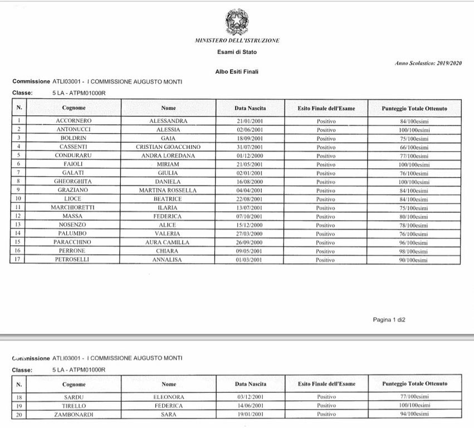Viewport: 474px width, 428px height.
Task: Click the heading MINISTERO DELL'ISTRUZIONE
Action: [237, 41]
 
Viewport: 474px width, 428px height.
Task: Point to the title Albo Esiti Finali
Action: [237, 72]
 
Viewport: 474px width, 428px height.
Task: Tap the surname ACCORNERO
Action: [74, 121]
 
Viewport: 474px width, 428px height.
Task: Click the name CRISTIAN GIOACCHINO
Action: [168, 147]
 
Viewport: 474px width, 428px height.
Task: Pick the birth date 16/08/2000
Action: [250, 182]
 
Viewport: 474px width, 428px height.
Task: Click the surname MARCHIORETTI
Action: [74, 208]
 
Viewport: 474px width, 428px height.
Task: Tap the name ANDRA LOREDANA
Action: [168, 155]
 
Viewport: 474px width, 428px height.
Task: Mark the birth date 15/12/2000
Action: [250, 225]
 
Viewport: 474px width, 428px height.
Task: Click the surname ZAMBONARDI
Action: [74, 415]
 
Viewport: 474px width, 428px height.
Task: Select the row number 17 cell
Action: [19, 260]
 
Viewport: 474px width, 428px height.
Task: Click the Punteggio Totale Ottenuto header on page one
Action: [414, 108]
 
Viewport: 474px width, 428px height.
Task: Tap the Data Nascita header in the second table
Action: [250, 384]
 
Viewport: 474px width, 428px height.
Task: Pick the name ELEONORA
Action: [168, 397]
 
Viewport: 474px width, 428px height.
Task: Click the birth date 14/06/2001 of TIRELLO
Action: [250, 406]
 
